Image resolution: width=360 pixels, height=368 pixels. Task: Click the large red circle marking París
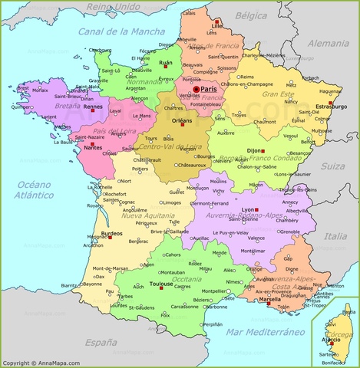click(x=196, y=90)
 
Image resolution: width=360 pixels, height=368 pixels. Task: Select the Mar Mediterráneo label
click(x=265, y=331)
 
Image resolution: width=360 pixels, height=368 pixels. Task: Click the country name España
click(x=101, y=342)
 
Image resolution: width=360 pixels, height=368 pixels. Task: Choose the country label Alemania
click(x=332, y=44)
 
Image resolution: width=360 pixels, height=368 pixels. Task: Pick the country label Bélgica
click(x=251, y=15)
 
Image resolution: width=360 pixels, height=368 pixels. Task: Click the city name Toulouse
click(x=161, y=284)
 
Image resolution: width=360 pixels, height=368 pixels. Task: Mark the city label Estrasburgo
click(x=330, y=106)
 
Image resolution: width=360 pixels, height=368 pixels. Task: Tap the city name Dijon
click(x=255, y=130)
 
